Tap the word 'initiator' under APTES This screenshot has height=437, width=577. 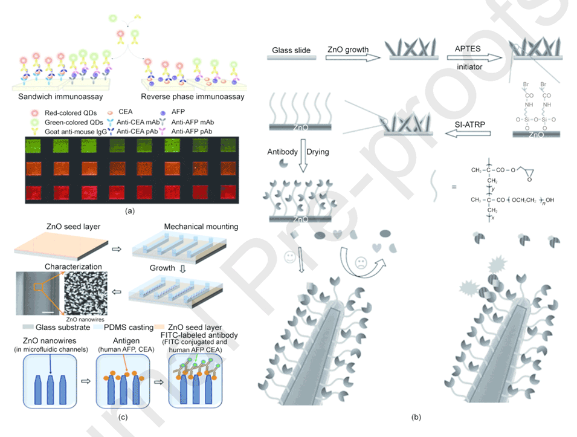[x=468, y=67]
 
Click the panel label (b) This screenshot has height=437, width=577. [x=416, y=417]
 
